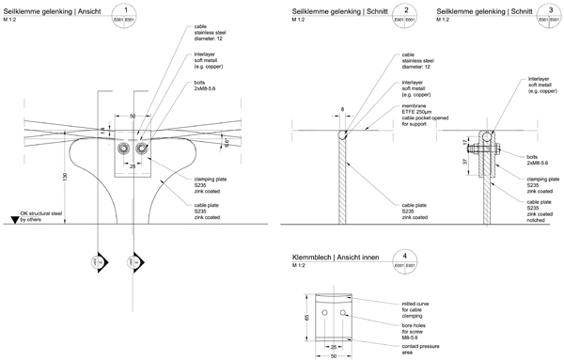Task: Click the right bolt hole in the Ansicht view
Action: [x=142, y=149]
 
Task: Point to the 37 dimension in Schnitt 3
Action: [x=466, y=161]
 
